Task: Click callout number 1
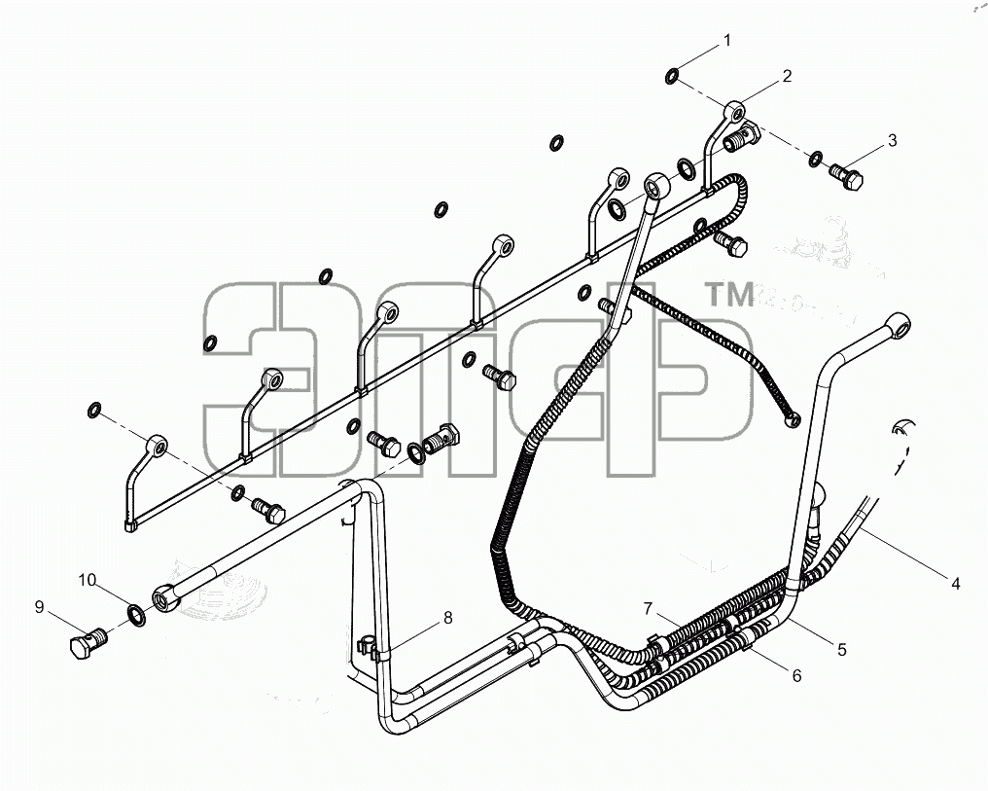727,41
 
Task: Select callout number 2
787,76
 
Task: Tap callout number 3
893,140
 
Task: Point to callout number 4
955,585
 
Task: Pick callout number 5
842,650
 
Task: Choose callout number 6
797,676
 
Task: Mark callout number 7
649,609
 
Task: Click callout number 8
448,619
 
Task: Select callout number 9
39,607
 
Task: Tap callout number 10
87,580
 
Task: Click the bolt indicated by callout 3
846,176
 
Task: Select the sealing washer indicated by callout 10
136,615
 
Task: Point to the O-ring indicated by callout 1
672,77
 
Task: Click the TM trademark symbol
729,295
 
